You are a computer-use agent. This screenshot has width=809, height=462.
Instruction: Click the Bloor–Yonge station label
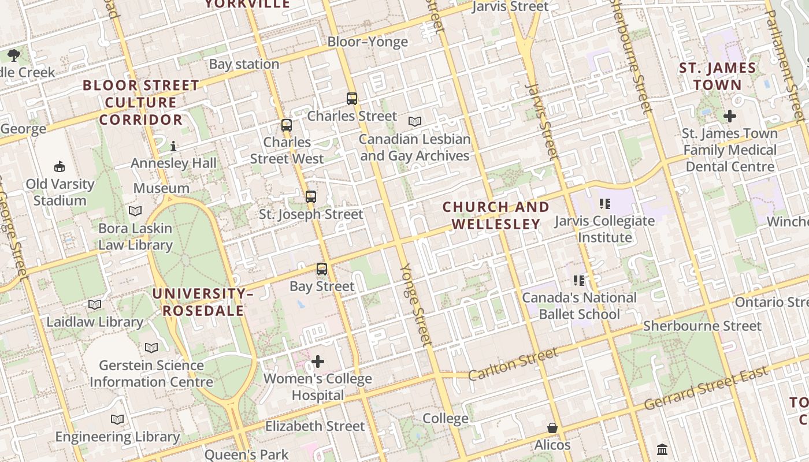click(x=368, y=42)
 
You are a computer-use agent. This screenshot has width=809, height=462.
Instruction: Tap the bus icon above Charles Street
click(x=352, y=99)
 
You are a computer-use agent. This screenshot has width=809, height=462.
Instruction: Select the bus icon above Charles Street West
click(x=287, y=125)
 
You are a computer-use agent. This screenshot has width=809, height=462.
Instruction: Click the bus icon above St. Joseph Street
click(x=311, y=197)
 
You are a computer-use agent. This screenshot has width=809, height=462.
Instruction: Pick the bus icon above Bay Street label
click(x=322, y=269)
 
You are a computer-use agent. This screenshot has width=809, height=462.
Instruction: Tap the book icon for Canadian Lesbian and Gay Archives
click(x=415, y=121)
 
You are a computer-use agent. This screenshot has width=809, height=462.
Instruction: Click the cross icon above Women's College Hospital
click(x=318, y=362)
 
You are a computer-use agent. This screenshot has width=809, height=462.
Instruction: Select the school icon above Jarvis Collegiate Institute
click(x=605, y=203)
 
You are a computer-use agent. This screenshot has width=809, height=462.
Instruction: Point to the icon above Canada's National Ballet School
click(x=579, y=281)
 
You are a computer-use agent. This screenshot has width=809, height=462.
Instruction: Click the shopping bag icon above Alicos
click(x=552, y=428)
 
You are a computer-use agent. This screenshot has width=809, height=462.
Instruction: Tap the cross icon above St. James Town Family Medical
click(x=730, y=116)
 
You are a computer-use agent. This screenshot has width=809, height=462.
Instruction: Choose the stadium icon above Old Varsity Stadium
click(x=60, y=167)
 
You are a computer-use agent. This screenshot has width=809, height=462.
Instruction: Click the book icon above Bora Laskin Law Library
click(x=135, y=211)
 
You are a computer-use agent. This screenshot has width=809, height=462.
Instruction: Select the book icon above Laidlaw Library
click(x=95, y=304)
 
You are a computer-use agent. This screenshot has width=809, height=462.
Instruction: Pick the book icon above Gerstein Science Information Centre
click(x=151, y=348)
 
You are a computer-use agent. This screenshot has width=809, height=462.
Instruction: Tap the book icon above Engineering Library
click(x=117, y=419)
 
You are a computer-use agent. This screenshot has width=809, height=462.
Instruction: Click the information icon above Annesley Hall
click(x=173, y=146)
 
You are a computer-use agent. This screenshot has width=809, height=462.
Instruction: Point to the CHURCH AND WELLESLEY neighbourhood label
click(x=496, y=215)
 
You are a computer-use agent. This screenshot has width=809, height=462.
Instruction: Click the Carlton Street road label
click(x=513, y=363)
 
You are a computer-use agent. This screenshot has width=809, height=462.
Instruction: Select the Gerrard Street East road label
click(x=706, y=388)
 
